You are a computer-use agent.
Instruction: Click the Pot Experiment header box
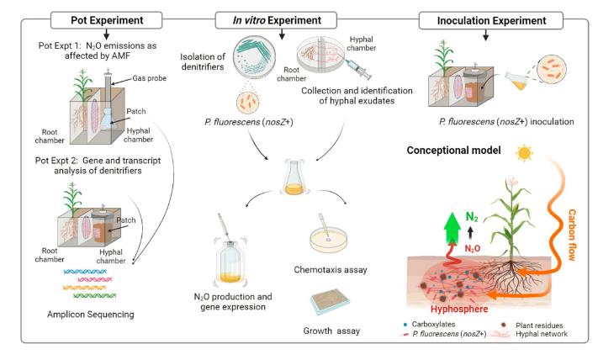101,18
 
